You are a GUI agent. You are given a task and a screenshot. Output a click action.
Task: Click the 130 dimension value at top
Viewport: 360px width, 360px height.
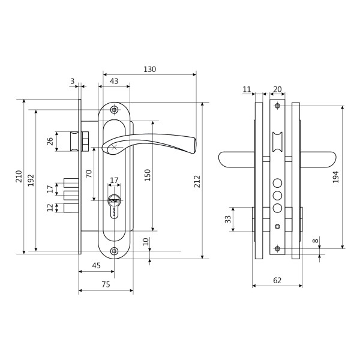[149, 69]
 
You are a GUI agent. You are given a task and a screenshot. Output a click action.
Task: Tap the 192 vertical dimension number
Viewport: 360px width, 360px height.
[31, 180]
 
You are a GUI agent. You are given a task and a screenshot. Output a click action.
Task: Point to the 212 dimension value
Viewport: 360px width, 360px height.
[197, 180]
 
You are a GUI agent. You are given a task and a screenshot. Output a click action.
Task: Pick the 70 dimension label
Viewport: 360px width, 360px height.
[89, 174]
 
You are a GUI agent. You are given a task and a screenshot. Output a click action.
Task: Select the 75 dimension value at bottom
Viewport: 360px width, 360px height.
[105, 285]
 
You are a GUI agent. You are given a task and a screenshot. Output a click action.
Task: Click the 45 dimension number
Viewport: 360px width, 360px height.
[96, 266]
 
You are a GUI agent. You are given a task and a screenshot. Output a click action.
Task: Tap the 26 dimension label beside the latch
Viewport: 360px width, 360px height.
[50, 142]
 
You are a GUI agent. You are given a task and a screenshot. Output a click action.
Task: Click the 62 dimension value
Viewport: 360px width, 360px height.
[277, 280]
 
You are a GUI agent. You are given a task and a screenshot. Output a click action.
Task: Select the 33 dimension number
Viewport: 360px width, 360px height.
[228, 219]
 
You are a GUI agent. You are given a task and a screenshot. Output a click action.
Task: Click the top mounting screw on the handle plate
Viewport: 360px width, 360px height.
[114, 110]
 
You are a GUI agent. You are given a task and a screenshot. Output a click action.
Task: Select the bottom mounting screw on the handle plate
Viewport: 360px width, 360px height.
[114, 251]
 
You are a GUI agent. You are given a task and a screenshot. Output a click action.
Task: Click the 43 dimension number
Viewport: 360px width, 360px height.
[114, 81]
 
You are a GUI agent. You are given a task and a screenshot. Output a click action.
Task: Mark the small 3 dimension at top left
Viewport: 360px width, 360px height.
[73, 81]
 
